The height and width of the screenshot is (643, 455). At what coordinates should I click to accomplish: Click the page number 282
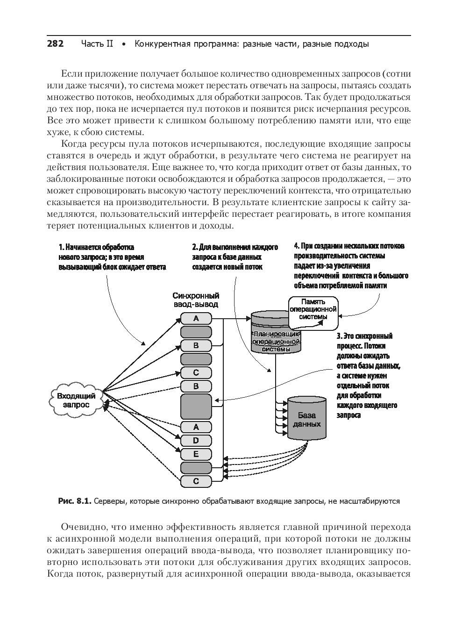point(55,44)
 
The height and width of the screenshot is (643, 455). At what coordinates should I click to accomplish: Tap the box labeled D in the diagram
point(196,440)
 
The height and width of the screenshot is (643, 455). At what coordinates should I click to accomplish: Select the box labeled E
point(196,454)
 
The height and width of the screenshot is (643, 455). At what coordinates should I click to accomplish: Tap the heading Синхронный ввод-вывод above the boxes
point(196,300)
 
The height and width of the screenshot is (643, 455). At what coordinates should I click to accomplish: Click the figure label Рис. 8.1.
point(74,501)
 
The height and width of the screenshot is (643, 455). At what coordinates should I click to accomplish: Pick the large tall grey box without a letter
point(196,406)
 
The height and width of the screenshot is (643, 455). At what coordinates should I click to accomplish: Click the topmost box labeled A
point(196,318)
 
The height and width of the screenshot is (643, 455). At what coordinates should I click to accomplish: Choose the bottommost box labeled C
point(196,481)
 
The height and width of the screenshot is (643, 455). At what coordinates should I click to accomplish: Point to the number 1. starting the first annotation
point(61,247)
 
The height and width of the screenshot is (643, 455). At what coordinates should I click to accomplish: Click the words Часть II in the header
point(97,44)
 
